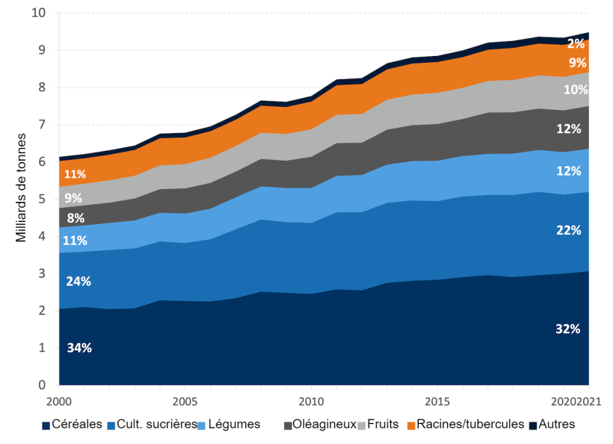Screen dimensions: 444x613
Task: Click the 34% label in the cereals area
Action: pos(79,348)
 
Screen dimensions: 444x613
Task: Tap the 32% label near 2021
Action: pos(568,330)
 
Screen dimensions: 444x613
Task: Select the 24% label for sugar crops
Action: pos(79,282)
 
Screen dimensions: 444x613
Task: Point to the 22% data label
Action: pos(568,231)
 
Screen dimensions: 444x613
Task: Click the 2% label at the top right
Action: pos(576,43)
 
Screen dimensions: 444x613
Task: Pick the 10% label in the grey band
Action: pos(575,90)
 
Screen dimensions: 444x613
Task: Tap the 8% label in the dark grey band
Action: pos(76,219)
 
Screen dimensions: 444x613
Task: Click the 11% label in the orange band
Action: pos(75,174)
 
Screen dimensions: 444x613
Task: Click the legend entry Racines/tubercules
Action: pos(463,425)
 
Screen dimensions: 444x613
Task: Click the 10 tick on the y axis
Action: pos(40,13)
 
